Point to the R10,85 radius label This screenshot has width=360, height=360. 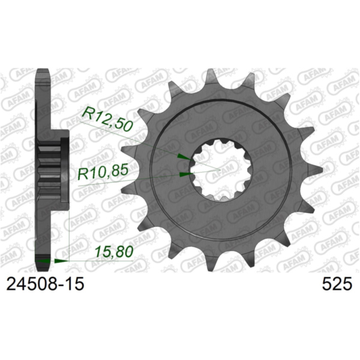click(x=103, y=175)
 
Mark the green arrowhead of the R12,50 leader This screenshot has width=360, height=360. click(x=182, y=157)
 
